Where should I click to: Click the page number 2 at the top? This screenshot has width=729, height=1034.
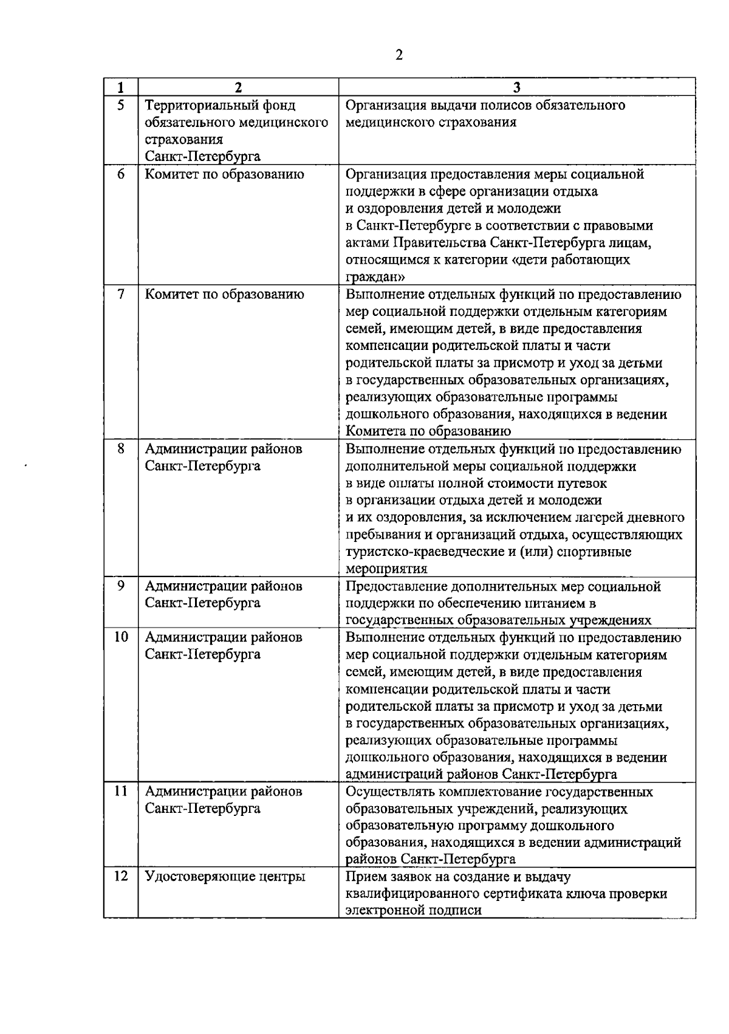tap(399, 55)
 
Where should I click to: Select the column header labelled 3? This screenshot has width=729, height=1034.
tap(516, 87)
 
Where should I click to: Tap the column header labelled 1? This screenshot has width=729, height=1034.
tap(120, 87)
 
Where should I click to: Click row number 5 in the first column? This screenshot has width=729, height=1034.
tap(120, 105)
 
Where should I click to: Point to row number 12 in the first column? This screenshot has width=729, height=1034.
tap(120, 876)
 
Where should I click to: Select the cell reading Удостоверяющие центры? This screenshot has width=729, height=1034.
tap(225, 877)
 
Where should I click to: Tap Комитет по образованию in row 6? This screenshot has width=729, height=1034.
tap(224, 174)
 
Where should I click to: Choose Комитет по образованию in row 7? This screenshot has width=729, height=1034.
tap(224, 295)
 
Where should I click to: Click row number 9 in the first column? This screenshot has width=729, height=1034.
tap(120, 586)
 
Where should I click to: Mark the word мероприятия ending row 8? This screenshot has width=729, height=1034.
tap(386, 569)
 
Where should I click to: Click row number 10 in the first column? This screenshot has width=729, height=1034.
tap(120, 637)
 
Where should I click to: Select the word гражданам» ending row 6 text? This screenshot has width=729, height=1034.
tap(375, 277)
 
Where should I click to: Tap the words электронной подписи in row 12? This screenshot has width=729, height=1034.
tap(413, 911)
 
